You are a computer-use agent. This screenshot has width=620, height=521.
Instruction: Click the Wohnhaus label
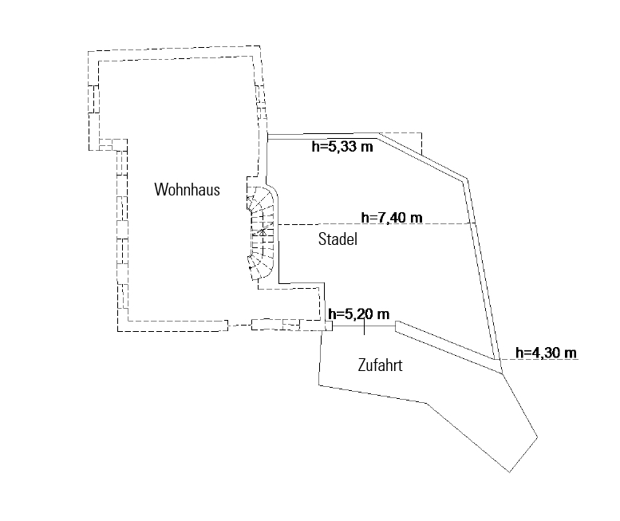pyautogui.click(x=187, y=190)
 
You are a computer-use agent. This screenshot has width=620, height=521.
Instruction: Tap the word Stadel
pyautogui.click(x=338, y=239)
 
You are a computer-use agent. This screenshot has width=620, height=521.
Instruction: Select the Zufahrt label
pyautogui.click(x=378, y=366)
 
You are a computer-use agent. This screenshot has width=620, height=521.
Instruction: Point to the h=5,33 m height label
pyautogui.click(x=344, y=146)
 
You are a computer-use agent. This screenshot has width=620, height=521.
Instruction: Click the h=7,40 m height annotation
pyautogui.click(x=392, y=217)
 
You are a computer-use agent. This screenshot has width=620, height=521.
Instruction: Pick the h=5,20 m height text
pyautogui.click(x=358, y=313)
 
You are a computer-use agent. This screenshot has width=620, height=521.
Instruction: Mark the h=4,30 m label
pyautogui.click(x=547, y=353)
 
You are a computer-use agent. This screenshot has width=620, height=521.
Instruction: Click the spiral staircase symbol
pyautogui.click(x=261, y=234)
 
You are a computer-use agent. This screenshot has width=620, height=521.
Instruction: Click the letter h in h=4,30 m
pyautogui.click(x=519, y=353)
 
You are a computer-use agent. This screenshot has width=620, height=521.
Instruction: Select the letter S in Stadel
pyautogui.click(x=322, y=239)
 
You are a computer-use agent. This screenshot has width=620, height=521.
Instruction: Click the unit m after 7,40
pyautogui.click(x=416, y=217)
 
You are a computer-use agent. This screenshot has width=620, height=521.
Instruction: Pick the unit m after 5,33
pyautogui.click(x=369, y=146)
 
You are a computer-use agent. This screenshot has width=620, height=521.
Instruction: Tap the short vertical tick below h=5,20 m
pyautogui.click(x=365, y=327)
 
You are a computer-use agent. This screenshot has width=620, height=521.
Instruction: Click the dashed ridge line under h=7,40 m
pyautogui.click(x=375, y=224)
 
